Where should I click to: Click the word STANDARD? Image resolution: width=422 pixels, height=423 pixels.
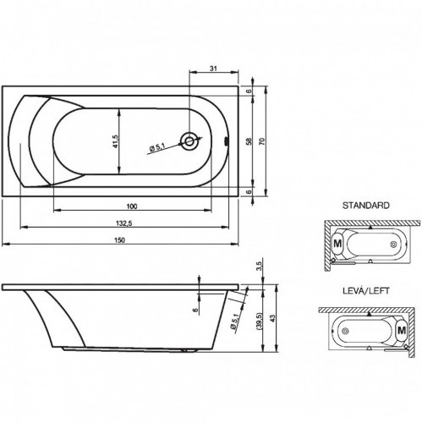[364, 206]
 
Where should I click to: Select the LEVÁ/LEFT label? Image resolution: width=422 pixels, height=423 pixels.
[365, 289]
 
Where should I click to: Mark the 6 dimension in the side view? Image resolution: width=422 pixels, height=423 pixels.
[193, 310]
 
